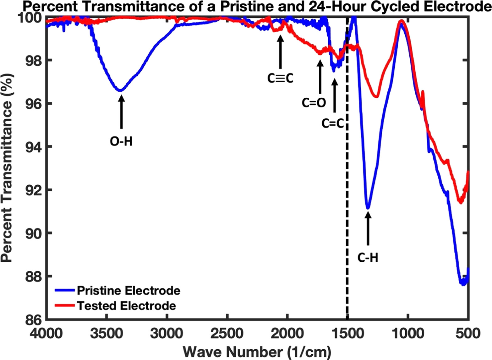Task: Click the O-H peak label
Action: [121, 142]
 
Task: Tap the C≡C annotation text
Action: [280, 78]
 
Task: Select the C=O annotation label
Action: [314, 103]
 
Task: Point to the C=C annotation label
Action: [333, 123]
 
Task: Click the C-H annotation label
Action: [368, 258]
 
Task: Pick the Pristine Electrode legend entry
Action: [128, 290]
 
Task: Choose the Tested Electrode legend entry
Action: [126, 305]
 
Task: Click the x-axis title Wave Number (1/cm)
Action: [257, 352]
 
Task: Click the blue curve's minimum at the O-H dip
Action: [121, 90]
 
